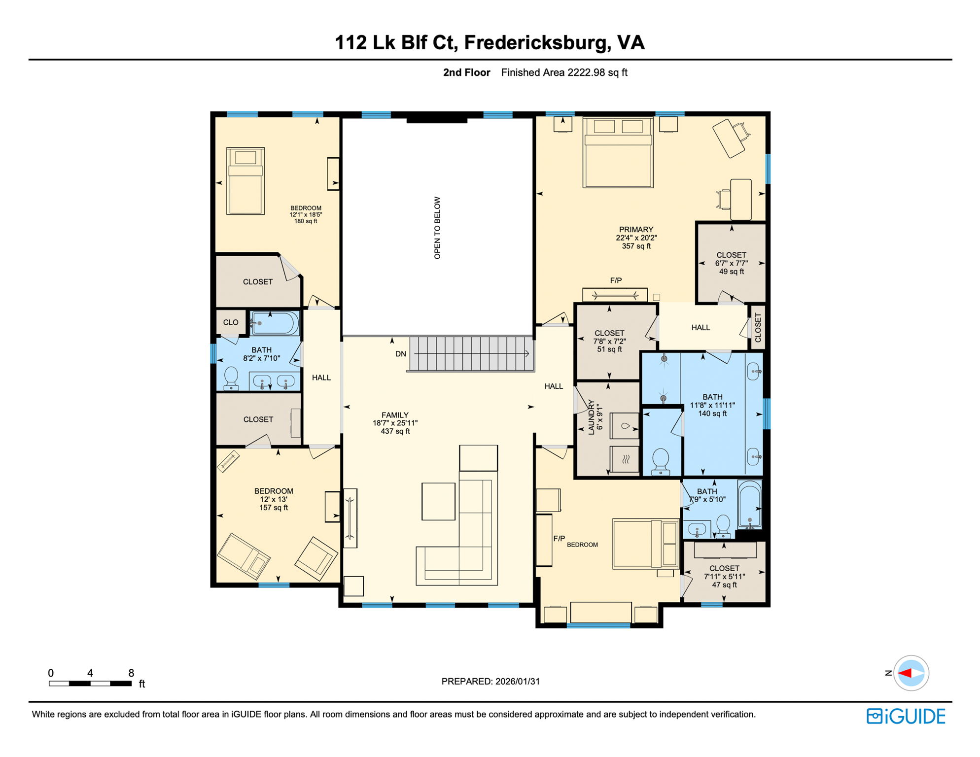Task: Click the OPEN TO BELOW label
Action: [437, 228]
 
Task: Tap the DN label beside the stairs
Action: [401, 354]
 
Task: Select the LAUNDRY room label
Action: [592, 417]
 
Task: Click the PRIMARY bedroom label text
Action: [636, 230]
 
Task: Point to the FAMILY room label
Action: [395, 415]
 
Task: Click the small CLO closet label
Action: [231, 322]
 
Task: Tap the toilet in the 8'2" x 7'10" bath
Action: [231, 378]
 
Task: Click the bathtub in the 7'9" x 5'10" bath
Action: [749, 505]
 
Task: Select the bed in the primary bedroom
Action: [618, 152]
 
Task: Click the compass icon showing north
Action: [911, 673]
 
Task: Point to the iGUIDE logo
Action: [906, 716]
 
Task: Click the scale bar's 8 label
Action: [131, 673]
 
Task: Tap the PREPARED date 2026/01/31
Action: [518, 681]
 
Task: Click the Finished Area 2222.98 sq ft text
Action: [564, 72]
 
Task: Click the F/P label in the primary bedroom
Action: [616, 280]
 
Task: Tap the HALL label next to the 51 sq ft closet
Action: [700, 327]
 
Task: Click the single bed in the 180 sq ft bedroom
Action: [245, 181]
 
